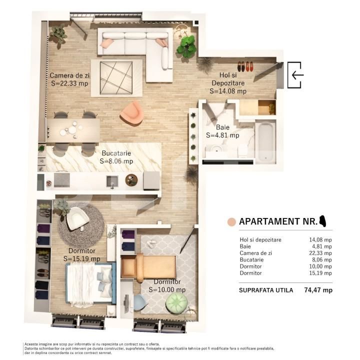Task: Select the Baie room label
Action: click(223, 127)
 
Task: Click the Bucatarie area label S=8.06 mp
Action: click(116, 161)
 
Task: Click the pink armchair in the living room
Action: click(132, 112)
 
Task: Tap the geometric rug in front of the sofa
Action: click(116, 77)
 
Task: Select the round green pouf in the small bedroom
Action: click(176, 302)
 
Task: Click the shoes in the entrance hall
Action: click(244, 66)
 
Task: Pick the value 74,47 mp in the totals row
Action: click(318, 290)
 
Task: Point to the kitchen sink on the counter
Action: click(112, 180)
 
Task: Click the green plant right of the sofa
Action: click(187, 46)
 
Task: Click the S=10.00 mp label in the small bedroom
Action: click(167, 289)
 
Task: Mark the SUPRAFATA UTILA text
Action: click(266, 290)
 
